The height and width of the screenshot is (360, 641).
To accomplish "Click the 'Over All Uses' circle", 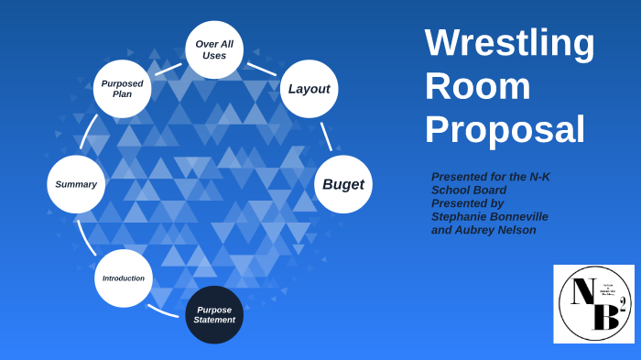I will pyautogui.click(x=214, y=49).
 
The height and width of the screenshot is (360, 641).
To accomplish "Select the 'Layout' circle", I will pyautogui.click(x=309, y=89).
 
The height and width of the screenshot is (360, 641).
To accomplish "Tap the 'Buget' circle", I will pyautogui.click(x=343, y=184).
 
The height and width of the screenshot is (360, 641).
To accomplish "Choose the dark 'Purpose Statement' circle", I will pyautogui.click(x=214, y=314).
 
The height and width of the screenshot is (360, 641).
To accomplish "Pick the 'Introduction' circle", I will pyautogui.click(x=124, y=278).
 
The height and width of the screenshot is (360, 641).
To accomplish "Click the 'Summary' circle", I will pyautogui.click(x=76, y=184).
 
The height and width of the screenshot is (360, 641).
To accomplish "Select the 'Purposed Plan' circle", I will pyautogui.click(x=122, y=89).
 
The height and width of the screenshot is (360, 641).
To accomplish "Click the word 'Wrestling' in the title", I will pyautogui.click(x=509, y=43).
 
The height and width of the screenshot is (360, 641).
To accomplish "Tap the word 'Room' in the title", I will pyautogui.click(x=477, y=86).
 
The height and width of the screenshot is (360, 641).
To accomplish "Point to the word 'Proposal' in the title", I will pyautogui.click(x=505, y=129).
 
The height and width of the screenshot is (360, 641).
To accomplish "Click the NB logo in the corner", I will pyautogui.click(x=593, y=304).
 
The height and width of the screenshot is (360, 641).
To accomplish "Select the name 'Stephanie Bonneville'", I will pyautogui.click(x=490, y=217).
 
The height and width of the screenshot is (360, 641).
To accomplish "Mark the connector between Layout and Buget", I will pyautogui.click(x=326, y=136).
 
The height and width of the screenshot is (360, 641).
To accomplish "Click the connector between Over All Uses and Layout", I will pyautogui.click(x=261, y=69).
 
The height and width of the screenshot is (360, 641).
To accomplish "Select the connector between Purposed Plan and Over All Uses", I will pyautogui.click(x=168, y=69).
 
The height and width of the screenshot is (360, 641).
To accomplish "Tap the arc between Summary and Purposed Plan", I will pyautogui.click(x=88, y=132).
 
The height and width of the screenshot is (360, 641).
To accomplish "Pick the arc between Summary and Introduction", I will pyautogui.click(x=86, y=237).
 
